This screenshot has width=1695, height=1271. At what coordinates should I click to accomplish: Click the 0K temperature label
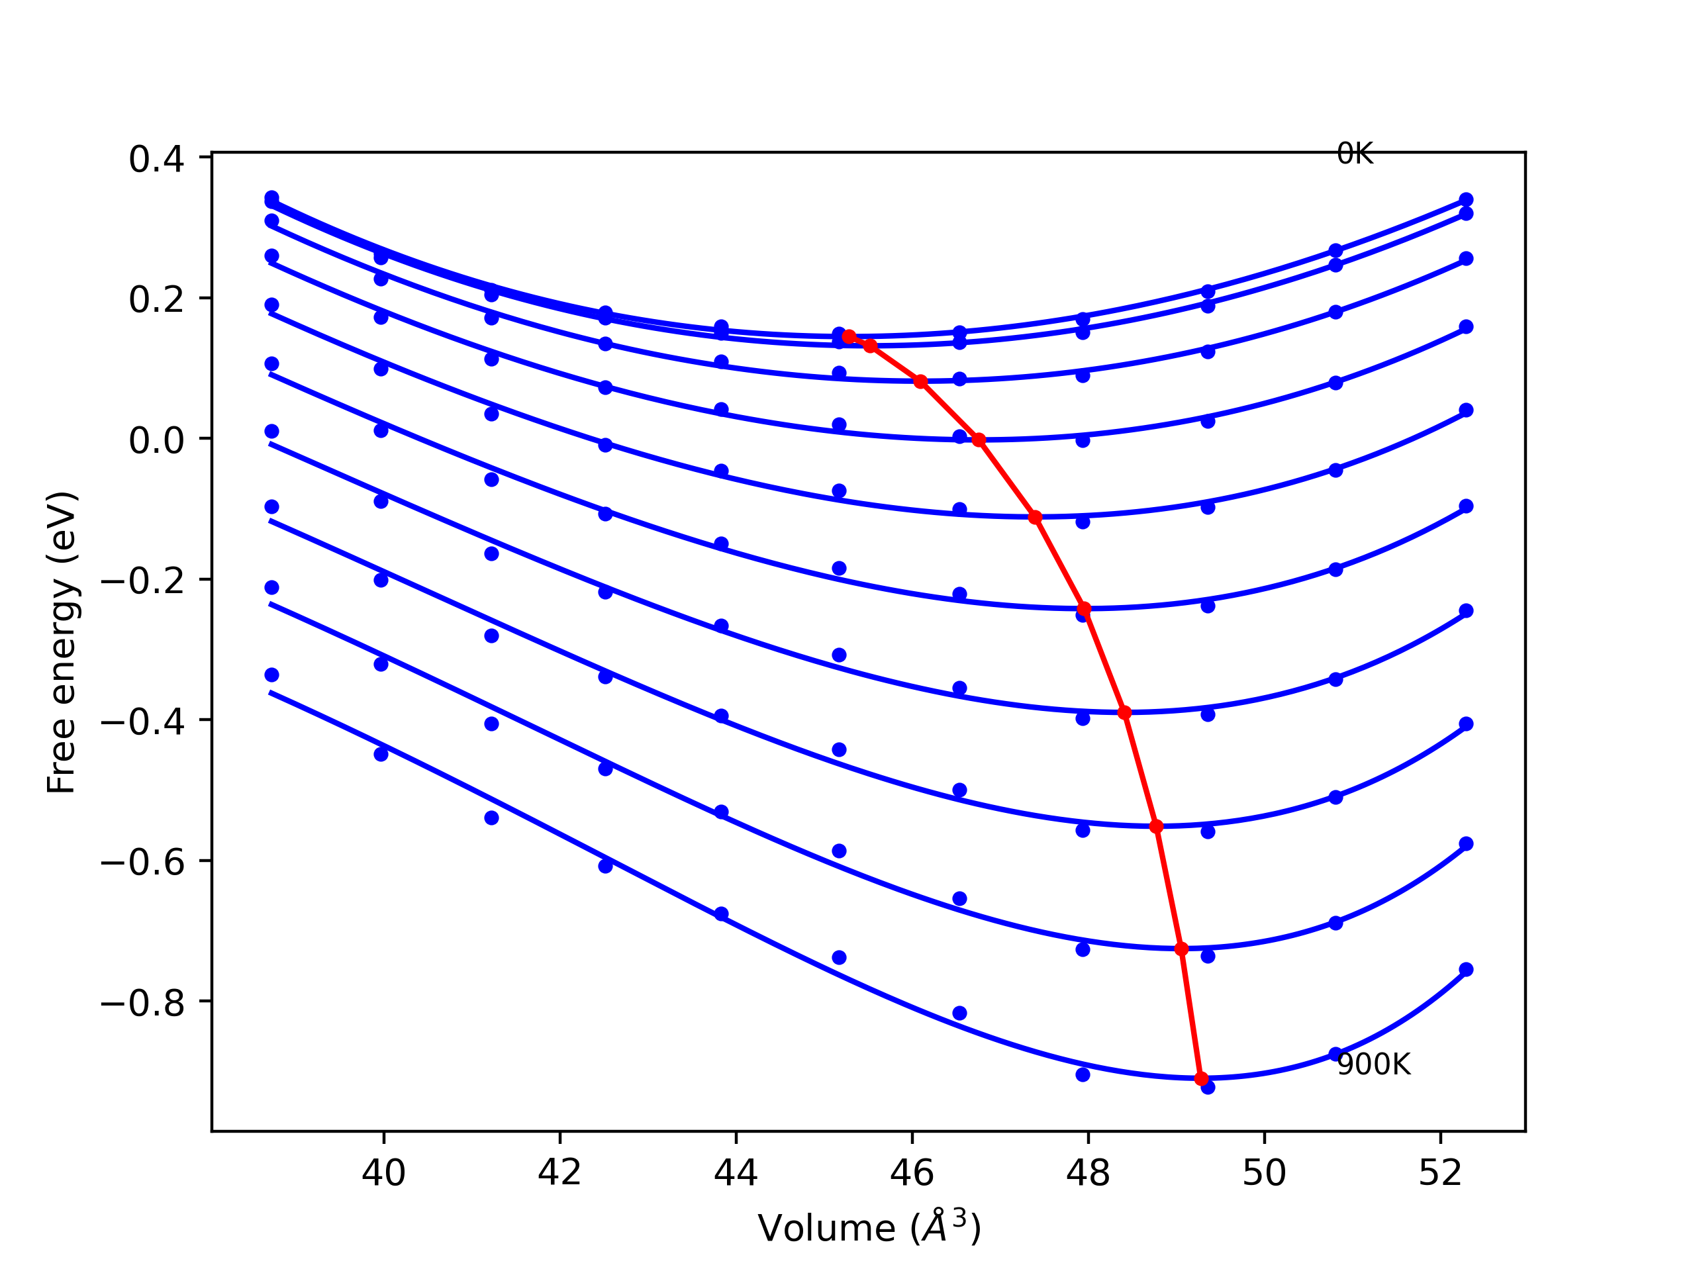point(1354,155)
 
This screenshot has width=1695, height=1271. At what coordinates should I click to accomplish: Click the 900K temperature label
point(1373,1065)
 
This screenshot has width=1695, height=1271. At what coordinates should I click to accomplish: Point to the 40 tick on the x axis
point(383,1173)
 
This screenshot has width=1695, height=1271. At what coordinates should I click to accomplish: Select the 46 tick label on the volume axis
point(912,1173)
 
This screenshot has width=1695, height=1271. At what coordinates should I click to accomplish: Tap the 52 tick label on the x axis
point(1440,1173)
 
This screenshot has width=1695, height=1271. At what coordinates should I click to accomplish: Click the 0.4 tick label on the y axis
point(156,160)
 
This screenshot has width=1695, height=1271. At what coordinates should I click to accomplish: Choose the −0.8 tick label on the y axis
point(143,1004)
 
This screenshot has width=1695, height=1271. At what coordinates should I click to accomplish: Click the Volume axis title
point(869,1228)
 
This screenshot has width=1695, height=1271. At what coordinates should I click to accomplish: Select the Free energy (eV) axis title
point(62,642)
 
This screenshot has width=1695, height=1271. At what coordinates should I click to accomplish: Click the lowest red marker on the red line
point(1201,1079)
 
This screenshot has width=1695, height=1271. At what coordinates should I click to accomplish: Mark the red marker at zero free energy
point(979,440)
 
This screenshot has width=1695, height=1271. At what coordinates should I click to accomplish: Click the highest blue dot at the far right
point(1466,200)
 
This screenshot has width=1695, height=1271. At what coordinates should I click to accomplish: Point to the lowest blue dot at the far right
point(1466,970)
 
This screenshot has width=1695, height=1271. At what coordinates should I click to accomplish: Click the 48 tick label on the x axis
point(1087,1173)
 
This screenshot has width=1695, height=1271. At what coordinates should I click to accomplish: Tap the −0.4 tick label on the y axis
point(143,722)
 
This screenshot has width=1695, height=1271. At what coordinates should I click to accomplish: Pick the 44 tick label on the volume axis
point(736,1173)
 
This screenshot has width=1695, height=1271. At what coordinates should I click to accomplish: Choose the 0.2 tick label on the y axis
point(156,301)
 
